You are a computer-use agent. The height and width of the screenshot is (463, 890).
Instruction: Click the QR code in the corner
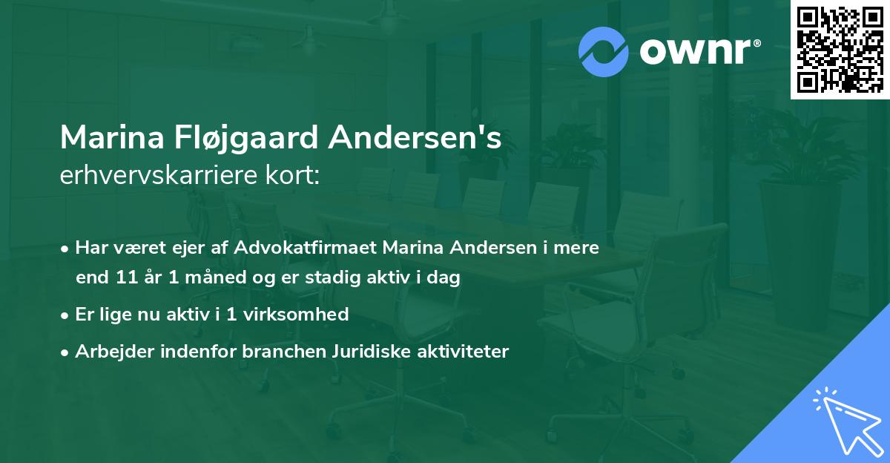click(x=840, y=50)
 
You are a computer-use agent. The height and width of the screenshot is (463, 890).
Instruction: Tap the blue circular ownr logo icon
click(x=604, y=52)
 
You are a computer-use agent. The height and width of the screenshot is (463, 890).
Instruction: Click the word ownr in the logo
click(x=697, y=52)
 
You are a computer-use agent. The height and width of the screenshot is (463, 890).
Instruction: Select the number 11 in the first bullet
click(x=128, y=278)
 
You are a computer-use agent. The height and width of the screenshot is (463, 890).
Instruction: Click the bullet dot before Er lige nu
click(x=65, y=315)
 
